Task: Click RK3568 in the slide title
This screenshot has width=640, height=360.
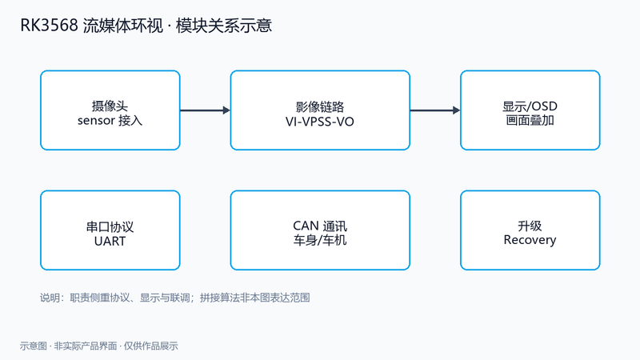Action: pyautogui.click(x=49, y=26)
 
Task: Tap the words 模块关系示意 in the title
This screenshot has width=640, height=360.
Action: pyautogui.click(x=224, y=26)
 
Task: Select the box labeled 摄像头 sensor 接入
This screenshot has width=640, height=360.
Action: pyautogui.click(x=110, y=110)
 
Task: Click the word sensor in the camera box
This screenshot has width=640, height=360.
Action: pyautogui.click(x=96, y=121)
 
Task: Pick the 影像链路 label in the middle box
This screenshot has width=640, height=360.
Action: pyautogui.click(x=320, y=107)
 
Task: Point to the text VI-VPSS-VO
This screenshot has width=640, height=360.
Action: pyautogui.click(x=320, y=122)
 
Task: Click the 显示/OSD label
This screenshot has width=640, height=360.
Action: pyautogui.click(x=530, y=106)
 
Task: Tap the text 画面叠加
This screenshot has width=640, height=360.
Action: pyautogui.click(x=530, y=121)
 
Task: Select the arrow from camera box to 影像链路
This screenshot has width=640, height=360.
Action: pyautogui.click(x=206, y=110)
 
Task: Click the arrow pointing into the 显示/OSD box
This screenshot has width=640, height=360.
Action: pyautogui.click(x=435, y=110)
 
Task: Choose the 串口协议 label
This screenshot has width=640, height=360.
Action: pyautogui.click(x=110, y=226)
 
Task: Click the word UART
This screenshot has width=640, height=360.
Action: pyautogui.click(x=110, y=242)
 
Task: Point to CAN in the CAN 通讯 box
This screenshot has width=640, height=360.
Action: pyautogui.click(x=306, y=226)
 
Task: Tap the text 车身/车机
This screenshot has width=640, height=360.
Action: pyautogui.click(x=320, y=241)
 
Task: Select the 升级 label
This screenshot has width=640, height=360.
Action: pyautogui.click(x=530, y=226)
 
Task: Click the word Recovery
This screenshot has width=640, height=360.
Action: pyautogui.click(x=530, y=240)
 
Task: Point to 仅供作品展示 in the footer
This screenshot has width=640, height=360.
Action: pyautogui.click(x=151, y=346)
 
